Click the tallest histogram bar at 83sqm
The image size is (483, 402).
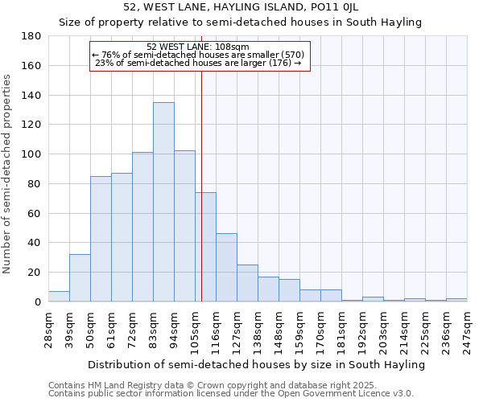163,202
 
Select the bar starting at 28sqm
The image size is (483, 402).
59,297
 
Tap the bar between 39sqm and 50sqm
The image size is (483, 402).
80,278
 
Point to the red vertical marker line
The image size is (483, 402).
201,185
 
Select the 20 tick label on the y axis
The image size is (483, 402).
34,273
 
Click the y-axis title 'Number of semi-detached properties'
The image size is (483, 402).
8,174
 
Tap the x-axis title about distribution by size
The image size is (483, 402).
256,365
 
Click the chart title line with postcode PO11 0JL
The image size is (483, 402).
241,7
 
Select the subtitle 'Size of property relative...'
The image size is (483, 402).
241,23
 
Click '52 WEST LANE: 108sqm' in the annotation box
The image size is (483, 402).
198,47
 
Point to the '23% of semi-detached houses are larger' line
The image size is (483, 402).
198,63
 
